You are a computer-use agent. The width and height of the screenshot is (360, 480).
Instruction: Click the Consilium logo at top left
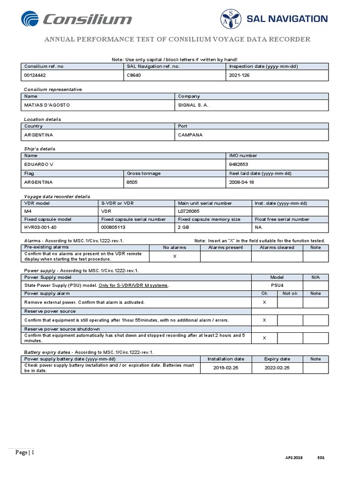(76, 19)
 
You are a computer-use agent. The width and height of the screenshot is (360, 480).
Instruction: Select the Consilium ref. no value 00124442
(35, 75)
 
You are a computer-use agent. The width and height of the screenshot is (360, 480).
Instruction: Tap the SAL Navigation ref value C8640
(134, 75)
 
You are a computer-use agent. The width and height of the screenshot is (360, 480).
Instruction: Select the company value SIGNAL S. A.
(193, 105)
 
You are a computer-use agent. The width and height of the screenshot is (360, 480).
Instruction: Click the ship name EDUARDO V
(38, 165)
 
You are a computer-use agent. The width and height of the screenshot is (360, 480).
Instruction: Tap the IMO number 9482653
(239, 165)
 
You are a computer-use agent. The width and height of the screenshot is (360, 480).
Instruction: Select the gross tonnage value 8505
(132, 182)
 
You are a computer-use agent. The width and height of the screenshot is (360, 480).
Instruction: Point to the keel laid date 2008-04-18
(241, 182)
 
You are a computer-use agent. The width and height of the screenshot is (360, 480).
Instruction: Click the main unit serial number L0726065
(189, 211)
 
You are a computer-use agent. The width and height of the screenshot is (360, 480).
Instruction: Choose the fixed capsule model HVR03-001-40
(41, 227)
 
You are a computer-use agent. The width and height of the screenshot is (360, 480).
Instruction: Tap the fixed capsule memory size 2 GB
(183, 227)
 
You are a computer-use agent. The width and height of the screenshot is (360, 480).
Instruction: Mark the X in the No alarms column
(175, 256)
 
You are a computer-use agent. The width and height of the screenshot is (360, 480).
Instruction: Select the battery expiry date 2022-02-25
(277, 368)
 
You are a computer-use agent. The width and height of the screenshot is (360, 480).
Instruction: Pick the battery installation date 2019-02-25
(226, 368)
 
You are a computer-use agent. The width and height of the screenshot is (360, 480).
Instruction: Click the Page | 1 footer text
(25, 452)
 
